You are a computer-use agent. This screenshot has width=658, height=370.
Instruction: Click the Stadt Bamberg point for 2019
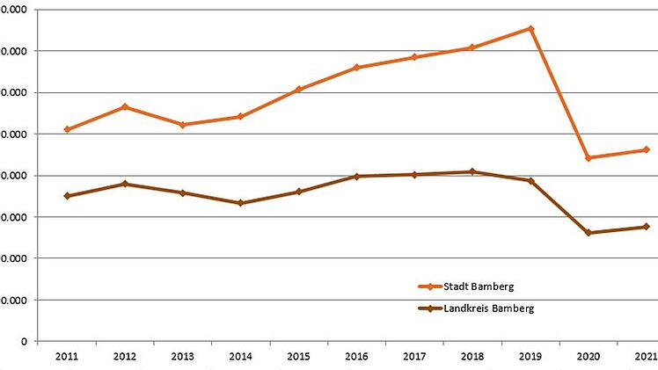530,28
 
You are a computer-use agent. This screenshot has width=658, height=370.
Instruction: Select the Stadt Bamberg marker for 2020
589,158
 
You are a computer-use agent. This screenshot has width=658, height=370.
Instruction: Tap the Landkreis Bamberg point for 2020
589,233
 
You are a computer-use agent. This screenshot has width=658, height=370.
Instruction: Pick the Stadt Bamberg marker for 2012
125,107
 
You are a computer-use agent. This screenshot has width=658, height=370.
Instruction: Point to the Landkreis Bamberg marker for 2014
240,203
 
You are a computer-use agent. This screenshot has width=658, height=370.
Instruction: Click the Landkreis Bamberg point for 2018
472,171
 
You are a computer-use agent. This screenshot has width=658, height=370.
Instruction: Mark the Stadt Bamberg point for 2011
67,129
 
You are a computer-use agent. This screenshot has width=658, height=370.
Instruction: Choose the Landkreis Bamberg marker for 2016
356,177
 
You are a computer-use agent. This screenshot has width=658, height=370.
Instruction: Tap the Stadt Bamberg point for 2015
298,90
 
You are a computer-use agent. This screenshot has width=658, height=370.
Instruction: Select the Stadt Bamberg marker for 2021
647,149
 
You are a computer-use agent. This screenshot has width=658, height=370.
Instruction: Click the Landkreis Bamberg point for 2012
125,184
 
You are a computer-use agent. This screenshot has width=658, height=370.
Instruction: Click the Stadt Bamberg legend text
479,287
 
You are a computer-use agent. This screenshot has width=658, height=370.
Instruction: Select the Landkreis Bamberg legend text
489,308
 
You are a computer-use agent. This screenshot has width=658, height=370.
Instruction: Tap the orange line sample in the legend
429,287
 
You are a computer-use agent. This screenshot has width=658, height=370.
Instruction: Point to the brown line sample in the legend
429,308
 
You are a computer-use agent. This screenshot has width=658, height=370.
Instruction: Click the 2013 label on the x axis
182,357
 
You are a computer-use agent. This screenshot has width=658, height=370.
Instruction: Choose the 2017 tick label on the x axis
414,357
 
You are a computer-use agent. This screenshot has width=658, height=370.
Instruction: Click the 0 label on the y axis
24,341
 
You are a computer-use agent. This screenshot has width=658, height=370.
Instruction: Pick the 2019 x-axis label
530,357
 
